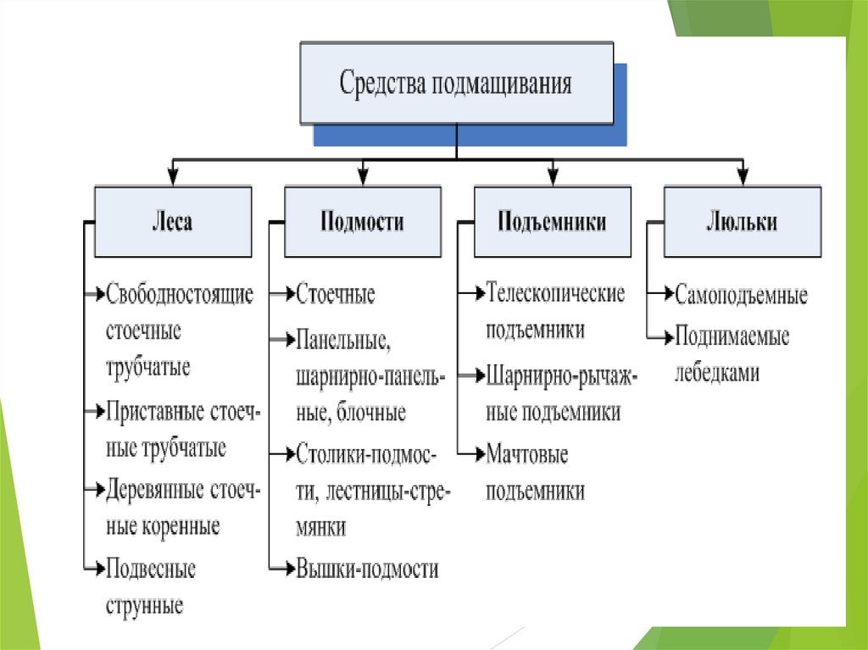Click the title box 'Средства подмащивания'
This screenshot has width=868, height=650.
pos(456,83)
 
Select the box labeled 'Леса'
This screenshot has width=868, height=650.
pos(172,222)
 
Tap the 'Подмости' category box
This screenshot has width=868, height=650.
pos(362,222)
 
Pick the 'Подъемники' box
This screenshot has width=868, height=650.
pos(552,222)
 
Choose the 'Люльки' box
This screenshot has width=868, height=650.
pos(742,222)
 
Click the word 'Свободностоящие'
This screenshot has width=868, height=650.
pos(181,294)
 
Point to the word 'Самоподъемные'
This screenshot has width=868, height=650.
pos(742,296)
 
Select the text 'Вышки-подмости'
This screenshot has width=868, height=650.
pos(367,568)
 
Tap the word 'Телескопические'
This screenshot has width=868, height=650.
pos(556,293)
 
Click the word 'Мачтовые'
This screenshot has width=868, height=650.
pos(527,453)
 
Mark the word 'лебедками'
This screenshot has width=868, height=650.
pos(716,373)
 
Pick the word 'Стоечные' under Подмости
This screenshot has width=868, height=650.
pos(336,295)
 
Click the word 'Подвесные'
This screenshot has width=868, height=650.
pos(151,569)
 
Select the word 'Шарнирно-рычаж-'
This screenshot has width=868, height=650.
pos(561,374)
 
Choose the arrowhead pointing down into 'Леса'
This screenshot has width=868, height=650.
pos(172,178)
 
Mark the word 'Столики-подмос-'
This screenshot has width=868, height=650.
pos(367,453)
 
